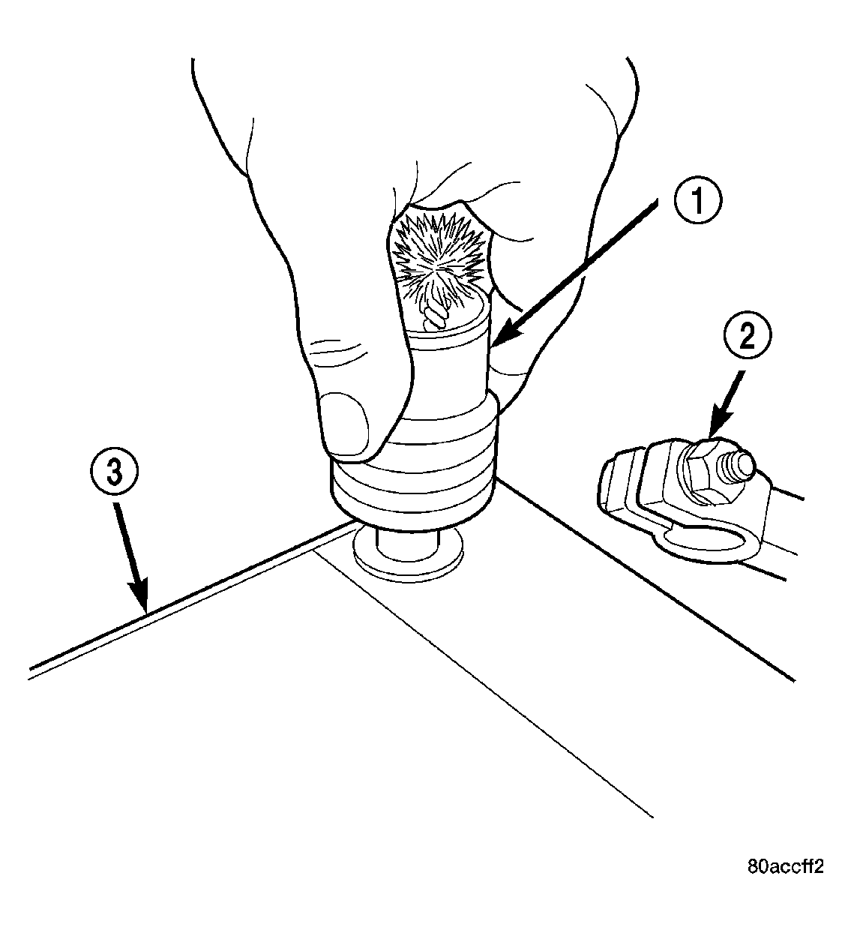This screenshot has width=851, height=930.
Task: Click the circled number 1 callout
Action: click(x=697, y=200)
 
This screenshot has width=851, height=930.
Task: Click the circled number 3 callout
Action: click(x=114, y=474)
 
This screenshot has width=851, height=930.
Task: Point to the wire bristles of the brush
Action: click(x=439, y=262)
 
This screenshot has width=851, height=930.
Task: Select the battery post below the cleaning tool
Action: click(x=407, y=541)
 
